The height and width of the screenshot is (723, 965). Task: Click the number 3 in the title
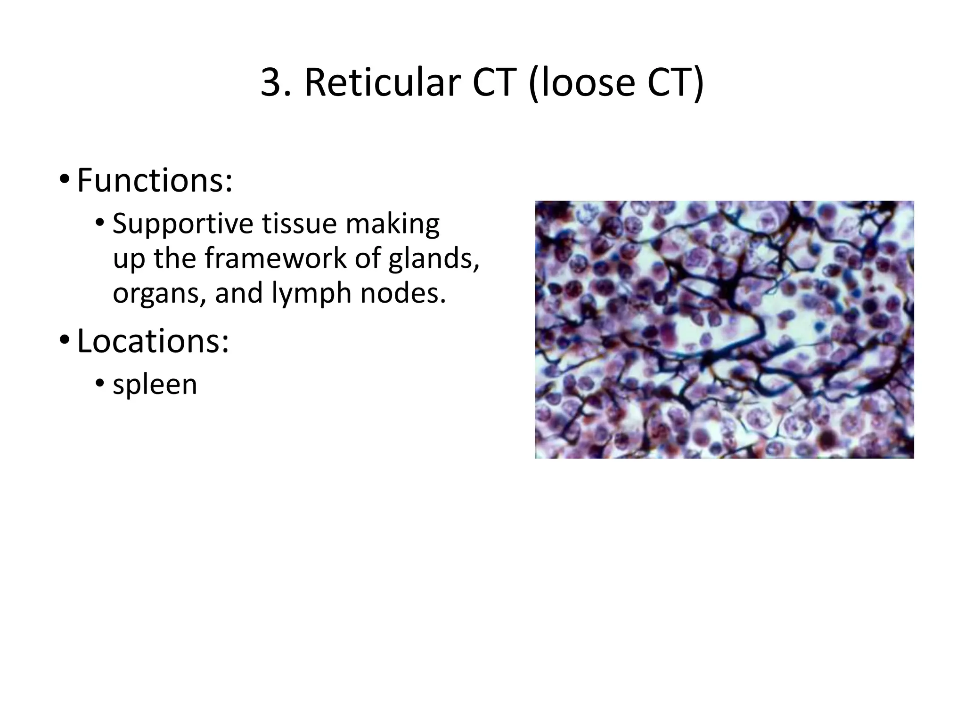(271, 83)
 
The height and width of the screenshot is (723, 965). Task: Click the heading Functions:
(154, 180)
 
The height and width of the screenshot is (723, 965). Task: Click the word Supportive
(184, 224)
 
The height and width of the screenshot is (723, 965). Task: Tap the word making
(393, 224)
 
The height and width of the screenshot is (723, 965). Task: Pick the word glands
(433, 258)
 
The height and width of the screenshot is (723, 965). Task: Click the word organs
(159, 294)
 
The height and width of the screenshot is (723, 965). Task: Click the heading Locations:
(153, 340)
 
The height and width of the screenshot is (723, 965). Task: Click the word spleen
(155, 385)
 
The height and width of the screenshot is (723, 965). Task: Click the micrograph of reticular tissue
(724, 329)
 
